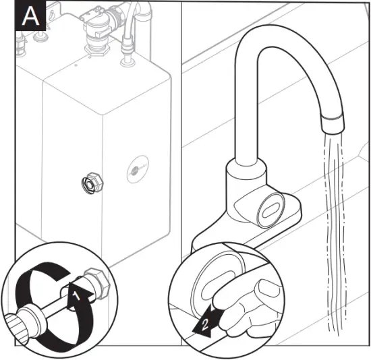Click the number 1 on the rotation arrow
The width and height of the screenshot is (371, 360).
[x=77, y=295]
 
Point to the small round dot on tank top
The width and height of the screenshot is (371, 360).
[x=76, y=66]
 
